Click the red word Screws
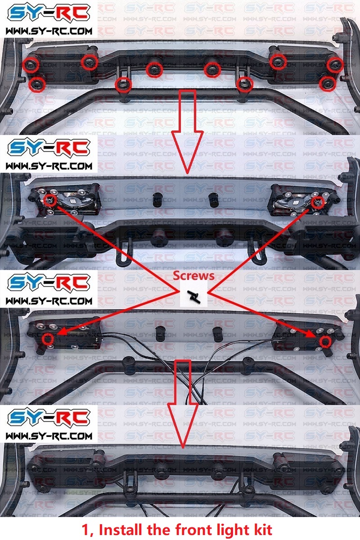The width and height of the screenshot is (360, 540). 193,276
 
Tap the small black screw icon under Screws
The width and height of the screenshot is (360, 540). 194,297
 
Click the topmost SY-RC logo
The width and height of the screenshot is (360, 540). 49,13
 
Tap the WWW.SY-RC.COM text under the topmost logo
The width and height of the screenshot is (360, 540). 49,31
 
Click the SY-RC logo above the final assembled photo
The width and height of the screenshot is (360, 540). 49,418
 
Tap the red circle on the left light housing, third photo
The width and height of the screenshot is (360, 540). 48,339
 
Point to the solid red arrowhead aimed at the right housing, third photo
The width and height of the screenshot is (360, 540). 312,335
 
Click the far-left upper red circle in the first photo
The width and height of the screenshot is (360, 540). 31,65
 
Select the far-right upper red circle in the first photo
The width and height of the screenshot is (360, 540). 335,65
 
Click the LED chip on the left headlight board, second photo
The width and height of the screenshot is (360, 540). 73,201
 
